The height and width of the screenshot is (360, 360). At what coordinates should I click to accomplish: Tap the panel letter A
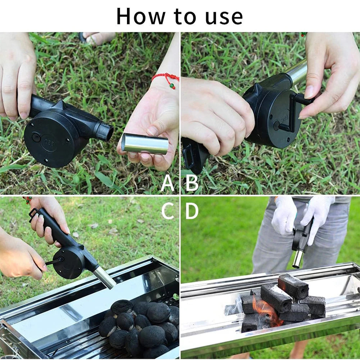tap(167, 183)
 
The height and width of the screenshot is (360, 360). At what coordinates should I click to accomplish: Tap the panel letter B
tap(192, 183)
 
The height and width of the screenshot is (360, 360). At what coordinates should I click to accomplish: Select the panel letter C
tap(167, 211)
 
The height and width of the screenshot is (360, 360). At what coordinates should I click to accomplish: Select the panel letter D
tap(192, 211)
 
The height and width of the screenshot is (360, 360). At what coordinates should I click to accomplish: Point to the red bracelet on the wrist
tap(166, 78)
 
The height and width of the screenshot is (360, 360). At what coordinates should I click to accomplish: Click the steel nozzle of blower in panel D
tap(298, 259)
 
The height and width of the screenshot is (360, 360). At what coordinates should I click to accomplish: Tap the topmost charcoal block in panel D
tap(293, 286)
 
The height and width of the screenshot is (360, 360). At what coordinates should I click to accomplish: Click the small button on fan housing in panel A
tap(36, 137)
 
